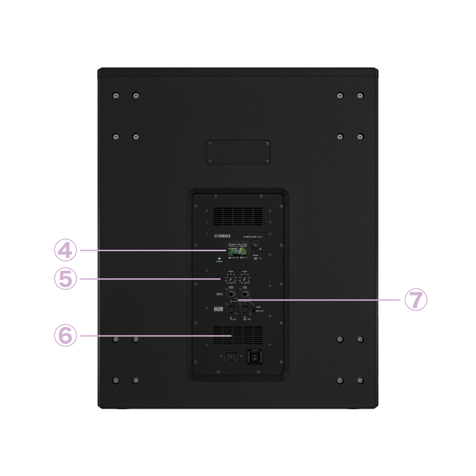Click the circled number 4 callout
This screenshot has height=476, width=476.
65,250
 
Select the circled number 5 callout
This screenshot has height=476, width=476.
65,279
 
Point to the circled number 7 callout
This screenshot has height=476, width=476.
415,300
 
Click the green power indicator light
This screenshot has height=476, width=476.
219,259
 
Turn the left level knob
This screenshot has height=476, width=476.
231,279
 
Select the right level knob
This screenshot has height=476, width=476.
246,279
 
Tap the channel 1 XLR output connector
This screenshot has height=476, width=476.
231,308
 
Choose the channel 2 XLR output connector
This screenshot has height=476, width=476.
246,308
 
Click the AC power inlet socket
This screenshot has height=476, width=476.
231,356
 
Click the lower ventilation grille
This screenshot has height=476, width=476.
238,336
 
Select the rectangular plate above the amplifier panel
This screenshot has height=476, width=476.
238,152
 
